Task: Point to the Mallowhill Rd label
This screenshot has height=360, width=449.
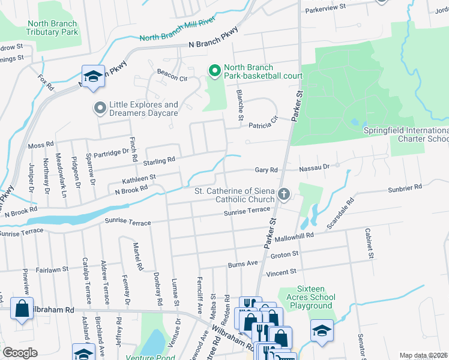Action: tap(295, 236)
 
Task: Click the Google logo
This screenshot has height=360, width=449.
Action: tap(20, 353)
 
